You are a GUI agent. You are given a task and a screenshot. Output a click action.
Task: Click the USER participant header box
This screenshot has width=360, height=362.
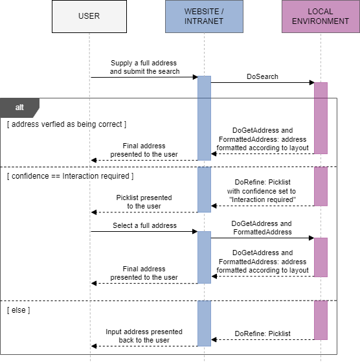point(89,16)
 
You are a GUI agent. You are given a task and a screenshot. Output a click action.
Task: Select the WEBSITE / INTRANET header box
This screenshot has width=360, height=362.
point(204,16)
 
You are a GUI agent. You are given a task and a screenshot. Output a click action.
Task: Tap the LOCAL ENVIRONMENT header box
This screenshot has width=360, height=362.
point(320,16)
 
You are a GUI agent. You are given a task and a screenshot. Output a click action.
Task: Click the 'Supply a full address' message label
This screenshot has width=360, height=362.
point(144,67)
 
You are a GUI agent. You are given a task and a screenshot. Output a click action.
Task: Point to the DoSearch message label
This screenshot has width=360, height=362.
point(262,76)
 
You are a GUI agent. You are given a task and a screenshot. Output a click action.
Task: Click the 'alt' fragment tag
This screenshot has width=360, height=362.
point(20,107)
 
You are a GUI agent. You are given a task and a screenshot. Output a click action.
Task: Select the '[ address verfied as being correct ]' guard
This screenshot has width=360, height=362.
point(67,124)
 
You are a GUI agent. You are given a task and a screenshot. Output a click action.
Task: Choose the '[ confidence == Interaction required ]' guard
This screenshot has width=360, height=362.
point(70,176)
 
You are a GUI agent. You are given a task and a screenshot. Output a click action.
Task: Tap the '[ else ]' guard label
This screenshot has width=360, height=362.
point(19,311)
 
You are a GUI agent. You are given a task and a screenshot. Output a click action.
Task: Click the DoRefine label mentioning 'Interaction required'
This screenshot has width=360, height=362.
point(262,191)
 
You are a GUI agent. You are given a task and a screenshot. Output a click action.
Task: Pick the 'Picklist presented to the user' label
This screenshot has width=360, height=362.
point(144,201)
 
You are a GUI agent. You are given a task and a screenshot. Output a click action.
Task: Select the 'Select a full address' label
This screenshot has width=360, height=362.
point(144,225)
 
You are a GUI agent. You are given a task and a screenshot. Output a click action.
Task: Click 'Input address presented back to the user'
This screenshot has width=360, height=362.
point(144,335)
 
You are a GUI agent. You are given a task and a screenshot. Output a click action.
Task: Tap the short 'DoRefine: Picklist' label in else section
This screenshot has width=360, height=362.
point(262,334)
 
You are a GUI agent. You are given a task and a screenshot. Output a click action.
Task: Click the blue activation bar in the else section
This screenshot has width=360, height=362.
point(204,322)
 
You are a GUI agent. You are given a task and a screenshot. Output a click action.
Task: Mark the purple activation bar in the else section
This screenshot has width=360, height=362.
point(321,320)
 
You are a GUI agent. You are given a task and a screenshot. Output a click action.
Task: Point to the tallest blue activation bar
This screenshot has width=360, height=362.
point(204,118)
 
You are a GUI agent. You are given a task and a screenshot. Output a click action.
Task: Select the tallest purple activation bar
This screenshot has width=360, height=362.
point(321,118)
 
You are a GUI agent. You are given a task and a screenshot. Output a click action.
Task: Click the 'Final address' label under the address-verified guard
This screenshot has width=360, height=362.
point(144,150)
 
